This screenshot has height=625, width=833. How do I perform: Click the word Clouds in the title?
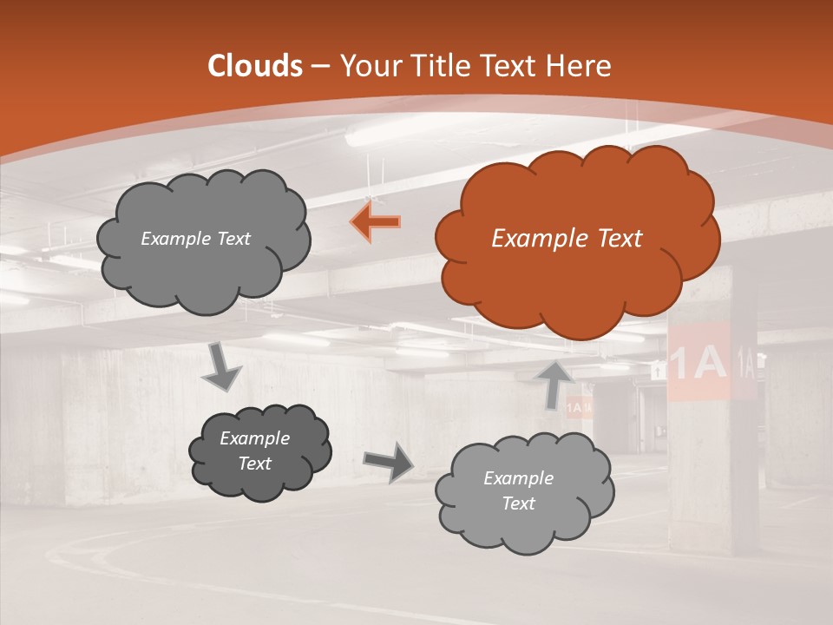(x=255, y=66)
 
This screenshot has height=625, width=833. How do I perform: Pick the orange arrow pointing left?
(x=376, y=222)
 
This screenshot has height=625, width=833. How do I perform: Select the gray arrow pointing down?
(x=222, y=368)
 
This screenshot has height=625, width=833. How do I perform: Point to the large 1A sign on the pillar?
(x=698, y=363)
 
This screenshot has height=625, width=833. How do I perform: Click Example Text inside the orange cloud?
(x=567, y=239)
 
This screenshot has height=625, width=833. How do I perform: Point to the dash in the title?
(x=319, y=66)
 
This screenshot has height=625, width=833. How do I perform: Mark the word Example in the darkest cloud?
(x=254, y=438)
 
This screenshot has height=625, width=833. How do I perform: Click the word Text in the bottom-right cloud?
(x=518, y=503)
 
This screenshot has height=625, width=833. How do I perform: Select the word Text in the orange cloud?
(x=614, y=239)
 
